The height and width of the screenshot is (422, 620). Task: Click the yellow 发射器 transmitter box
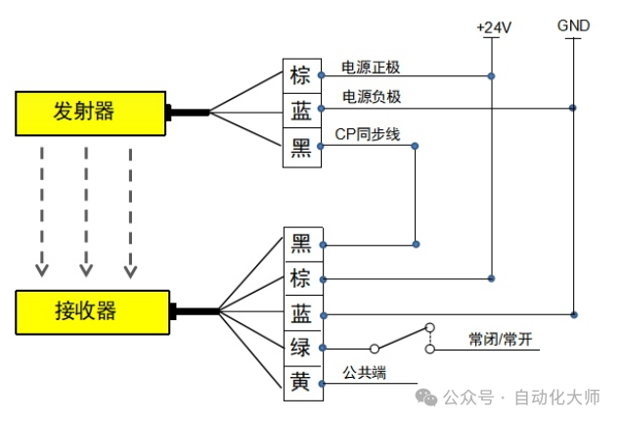(90, 114)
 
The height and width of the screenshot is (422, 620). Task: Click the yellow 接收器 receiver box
(93, 312)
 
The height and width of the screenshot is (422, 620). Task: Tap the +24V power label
(494, 27)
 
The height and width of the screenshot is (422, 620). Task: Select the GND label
(573, 25)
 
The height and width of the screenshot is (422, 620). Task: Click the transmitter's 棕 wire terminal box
(302, 75)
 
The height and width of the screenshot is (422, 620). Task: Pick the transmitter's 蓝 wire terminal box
(302, 111)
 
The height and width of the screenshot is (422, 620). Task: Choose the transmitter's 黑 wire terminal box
(302, 148)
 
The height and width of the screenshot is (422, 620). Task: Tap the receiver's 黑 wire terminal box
(304, 244)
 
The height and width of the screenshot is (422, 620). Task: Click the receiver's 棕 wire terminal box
(304, 278)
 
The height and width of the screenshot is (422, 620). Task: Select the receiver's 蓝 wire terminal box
(304, 313)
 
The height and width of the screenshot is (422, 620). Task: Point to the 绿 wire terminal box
(304, 349)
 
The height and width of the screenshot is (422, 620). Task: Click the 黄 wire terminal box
(304, 383)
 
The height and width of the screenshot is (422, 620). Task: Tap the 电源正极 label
(371, 68)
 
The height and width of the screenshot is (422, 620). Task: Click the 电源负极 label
(372, 97)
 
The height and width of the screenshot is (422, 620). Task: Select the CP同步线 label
(368, 134)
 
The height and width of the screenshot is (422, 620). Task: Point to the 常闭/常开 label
(500, 339)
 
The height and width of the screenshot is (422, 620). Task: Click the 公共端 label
(364, 372)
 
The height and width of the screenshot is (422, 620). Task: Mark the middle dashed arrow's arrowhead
(86, 270)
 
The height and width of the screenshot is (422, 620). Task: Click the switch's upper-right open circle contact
(430, 328)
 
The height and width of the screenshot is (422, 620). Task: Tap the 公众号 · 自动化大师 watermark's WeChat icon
(425, 398)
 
